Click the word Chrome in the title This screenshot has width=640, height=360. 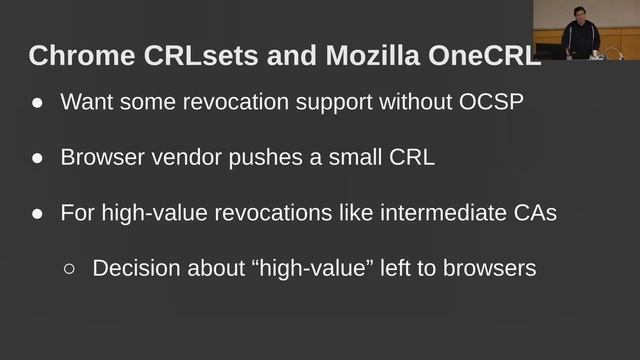73,55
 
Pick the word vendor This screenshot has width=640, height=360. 182,158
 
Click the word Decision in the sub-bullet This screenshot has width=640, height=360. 134,268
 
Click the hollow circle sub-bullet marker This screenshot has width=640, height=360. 70,269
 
